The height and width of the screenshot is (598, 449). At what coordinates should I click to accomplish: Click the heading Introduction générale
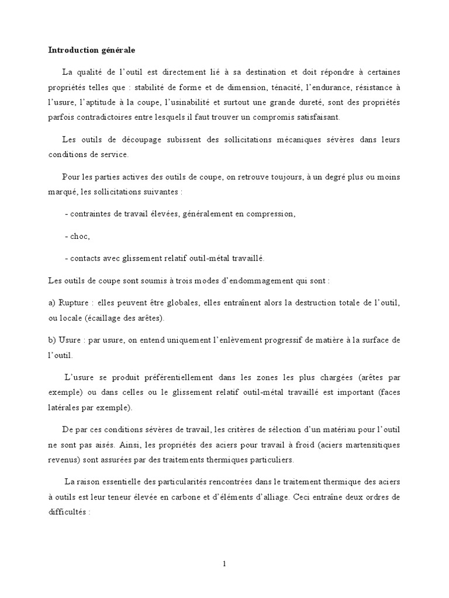pyautogui.click(x=91, y=50)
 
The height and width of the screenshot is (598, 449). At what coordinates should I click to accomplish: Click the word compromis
pyautogui.click(x=292, y=118)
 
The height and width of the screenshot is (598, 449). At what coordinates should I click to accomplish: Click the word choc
pyautogui.click(x=80, y=237)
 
